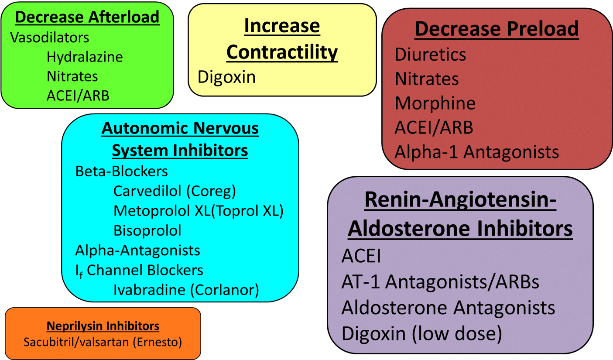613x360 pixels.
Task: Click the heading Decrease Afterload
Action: point(87,17)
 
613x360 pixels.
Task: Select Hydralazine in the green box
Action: point(85,57)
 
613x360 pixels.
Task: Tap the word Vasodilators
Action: point(50,38)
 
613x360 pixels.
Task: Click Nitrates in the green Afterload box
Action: point(72,76)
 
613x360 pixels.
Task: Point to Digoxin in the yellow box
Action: point(226,77)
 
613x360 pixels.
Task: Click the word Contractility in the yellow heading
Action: point(282,52)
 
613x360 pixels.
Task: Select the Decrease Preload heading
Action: point(497,29)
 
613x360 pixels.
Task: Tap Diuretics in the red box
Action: point(430,55)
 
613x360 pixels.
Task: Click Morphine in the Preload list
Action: point(435,103)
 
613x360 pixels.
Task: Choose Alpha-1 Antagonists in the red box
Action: point(477,152)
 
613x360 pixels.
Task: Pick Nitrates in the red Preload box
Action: point(427,79)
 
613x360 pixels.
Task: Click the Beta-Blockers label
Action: point(121,171)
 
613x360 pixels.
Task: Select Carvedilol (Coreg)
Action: point(175,191)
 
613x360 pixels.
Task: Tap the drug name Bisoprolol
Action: point(147,230)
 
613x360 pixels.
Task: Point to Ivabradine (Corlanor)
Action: point(186,290)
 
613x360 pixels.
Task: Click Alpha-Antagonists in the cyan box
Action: point(137,250)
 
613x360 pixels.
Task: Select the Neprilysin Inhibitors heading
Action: point(103,326)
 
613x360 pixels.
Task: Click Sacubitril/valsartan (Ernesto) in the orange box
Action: point(103,342)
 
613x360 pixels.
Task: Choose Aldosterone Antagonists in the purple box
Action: point(448,308)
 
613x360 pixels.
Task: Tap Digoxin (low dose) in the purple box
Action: point(422,334)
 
